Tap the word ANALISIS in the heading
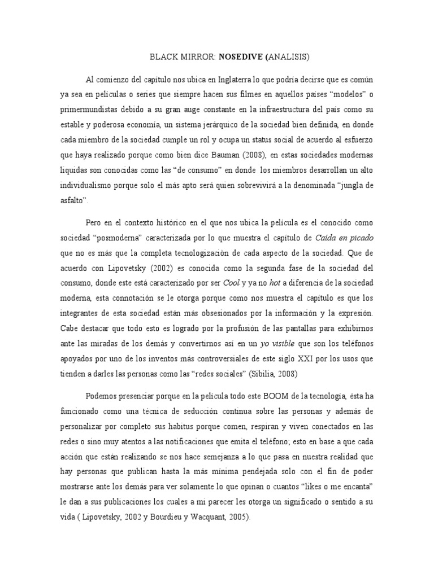tap(285, 57)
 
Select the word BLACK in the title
tap(163, 57)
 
